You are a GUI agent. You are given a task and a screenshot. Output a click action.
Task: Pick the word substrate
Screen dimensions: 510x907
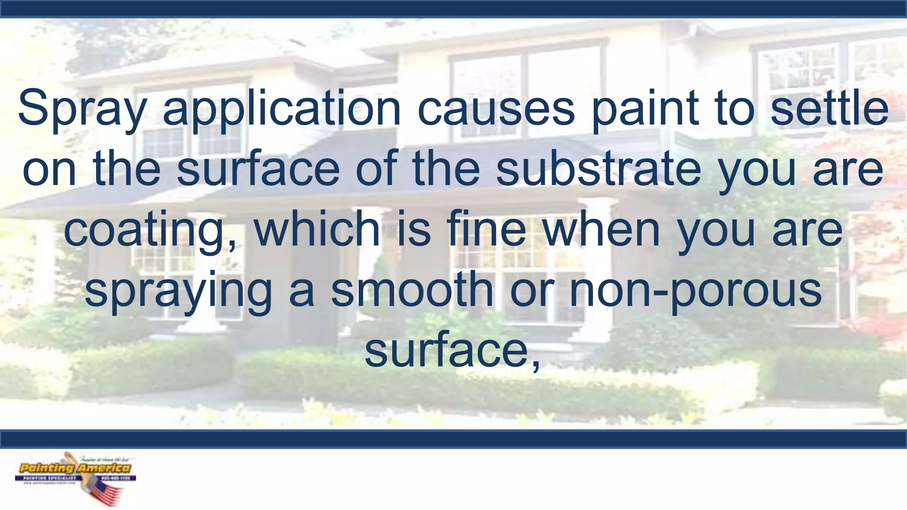click(598, 169)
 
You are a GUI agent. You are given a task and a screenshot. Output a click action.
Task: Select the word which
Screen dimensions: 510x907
click(317, 229)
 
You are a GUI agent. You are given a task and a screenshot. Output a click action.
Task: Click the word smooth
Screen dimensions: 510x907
click(412, 290)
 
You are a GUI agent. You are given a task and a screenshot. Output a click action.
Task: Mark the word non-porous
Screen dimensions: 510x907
click(695, 290)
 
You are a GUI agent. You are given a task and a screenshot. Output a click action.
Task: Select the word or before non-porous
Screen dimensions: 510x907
click(531, 290)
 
